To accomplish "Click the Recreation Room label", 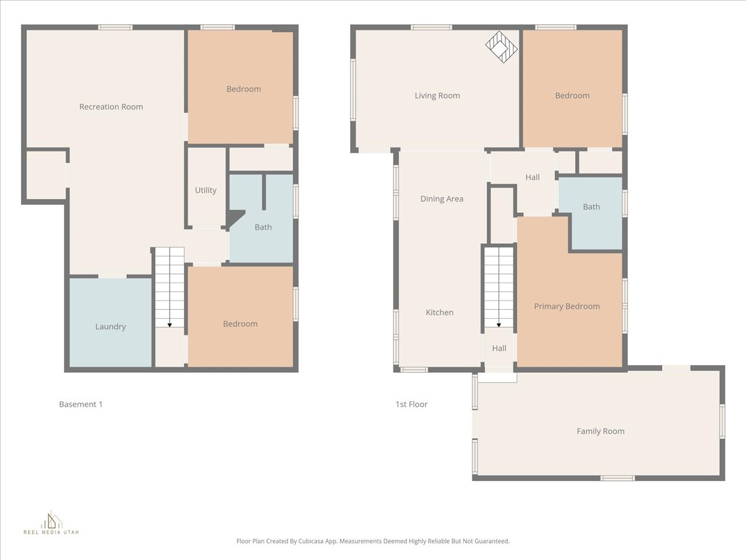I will (x=111, y=106).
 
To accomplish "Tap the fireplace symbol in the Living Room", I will (x=501, y=47).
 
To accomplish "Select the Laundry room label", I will (x=111, y=327).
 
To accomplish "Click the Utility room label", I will (x=206, y=190).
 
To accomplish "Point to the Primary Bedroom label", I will (x=567, y=306).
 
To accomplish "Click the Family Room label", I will (x=601, y=431).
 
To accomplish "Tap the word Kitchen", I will (x=440, y=312).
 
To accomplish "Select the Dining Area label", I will (x=441, y=199).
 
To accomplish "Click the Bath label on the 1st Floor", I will (x=591, y=207).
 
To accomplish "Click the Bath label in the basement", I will (x=263, y=227).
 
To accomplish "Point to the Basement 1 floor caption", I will (x=81, y=404).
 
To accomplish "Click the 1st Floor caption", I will (x=412, y=404).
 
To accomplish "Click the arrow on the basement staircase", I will (x=170, y=324).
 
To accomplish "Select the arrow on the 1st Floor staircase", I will (x=499, y=324).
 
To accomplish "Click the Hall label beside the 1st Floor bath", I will (x=533, y=177).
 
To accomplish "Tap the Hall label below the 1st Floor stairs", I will (x=499, y=348).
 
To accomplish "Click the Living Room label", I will (x=438, y=96).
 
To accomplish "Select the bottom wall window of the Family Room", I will (x=617, y=478).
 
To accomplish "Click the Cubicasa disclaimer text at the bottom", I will (x=373, y=541).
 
